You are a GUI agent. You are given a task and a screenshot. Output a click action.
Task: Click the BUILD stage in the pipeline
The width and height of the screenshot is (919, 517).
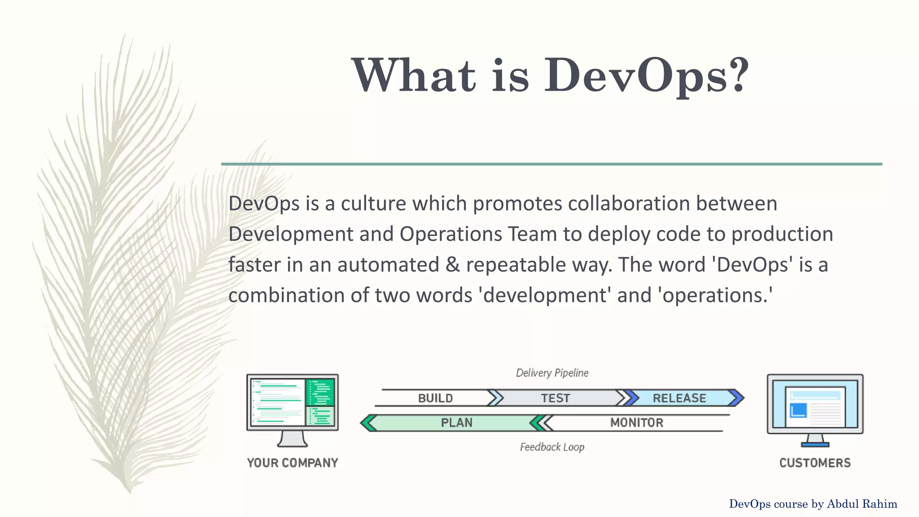tap(435, 398)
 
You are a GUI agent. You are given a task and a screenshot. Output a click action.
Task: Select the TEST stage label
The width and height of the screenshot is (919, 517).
tap(556, 398)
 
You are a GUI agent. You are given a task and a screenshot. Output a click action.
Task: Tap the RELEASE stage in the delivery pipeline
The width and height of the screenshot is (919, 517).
tap(679, 398)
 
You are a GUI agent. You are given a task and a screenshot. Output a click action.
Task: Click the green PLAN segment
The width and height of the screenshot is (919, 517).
tap(456, 423)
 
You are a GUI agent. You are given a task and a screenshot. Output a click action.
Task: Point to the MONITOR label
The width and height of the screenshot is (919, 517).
tap(637, 423)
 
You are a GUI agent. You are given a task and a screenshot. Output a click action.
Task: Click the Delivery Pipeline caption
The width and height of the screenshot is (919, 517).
tap(552, 373)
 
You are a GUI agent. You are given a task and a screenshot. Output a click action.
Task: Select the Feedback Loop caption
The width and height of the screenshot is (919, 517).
tap(552, 447)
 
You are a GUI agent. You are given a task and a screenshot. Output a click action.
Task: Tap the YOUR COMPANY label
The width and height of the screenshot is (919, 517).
tap(293, 463)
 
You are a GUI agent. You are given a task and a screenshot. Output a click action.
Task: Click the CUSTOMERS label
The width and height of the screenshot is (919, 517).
tap(815, 463)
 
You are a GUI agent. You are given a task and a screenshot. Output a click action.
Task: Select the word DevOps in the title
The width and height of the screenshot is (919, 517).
tap(635, 75)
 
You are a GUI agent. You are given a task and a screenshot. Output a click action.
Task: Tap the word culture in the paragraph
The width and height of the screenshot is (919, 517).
tap(373, 204)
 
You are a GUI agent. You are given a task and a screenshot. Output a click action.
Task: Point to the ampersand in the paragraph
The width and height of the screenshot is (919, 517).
tap(453, 265)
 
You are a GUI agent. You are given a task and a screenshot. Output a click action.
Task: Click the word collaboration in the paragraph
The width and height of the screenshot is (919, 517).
tap(629, 204)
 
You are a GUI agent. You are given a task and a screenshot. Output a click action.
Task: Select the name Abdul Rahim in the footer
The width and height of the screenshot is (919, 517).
tap(862, 504)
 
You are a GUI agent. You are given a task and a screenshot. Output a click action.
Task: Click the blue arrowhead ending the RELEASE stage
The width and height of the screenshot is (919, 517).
tap(737, 398)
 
